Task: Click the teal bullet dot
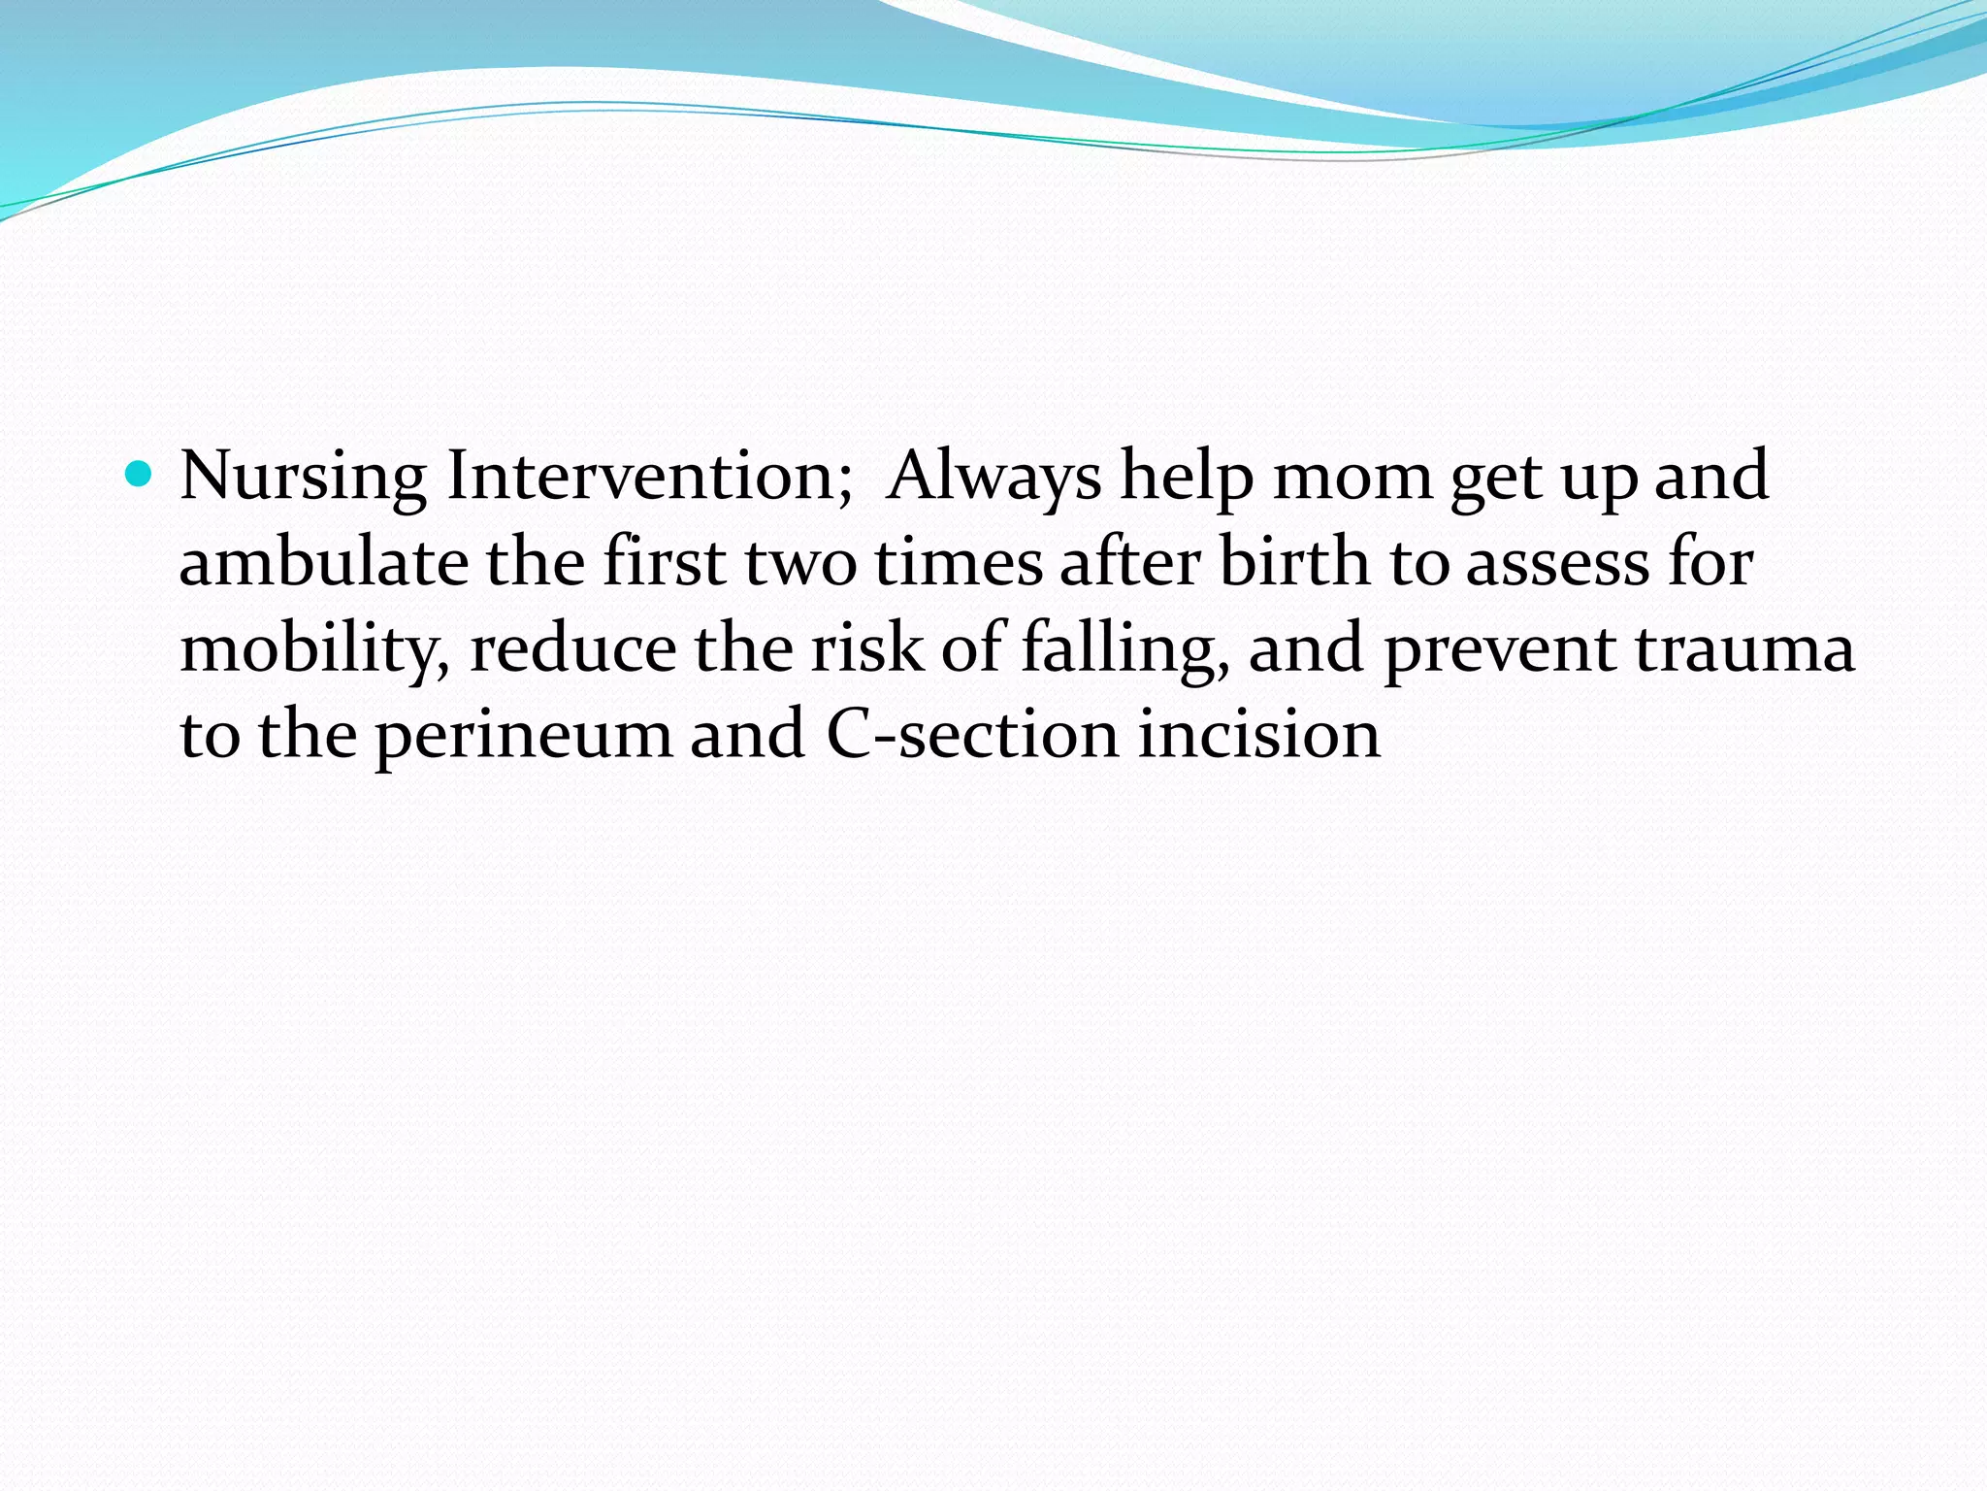click(x=141, y=475)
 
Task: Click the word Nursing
click(x=303, y=478)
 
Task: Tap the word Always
click(x=994, y=478)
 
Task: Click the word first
click(x=664, y=563)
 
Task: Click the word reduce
click(x=572, y=648)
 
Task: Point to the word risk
click(x=866, y=648)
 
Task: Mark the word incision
click(x=1258, y=735)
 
